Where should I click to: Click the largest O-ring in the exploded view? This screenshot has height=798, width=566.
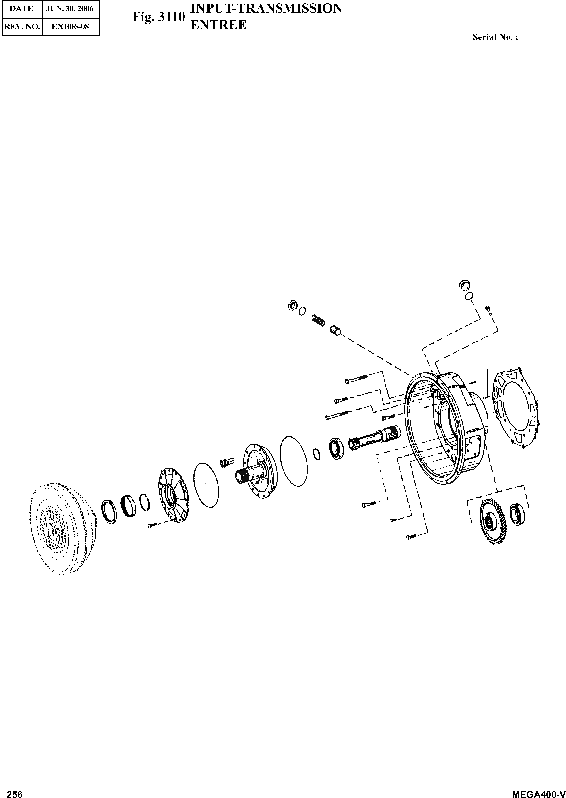click(x=294, y=457)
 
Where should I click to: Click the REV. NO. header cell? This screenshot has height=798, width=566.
click(x=22, y=26)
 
